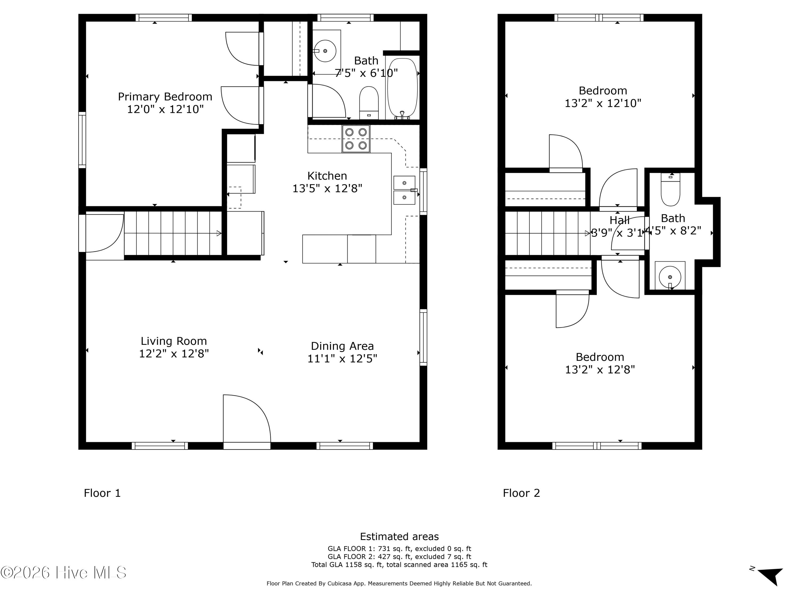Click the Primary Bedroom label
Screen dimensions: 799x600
[x=165, y=97]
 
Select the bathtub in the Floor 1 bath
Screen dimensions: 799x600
[x=402, y=88]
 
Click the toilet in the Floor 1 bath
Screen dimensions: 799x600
[x=369, y=103]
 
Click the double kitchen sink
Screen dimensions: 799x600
[x=405, y=190]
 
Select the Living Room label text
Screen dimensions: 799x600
[x=174, y=341]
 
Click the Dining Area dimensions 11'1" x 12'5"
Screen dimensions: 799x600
[x=342, y=358]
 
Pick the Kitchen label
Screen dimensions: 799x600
[x=327, y=176]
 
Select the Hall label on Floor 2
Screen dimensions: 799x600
[x=619, y=220]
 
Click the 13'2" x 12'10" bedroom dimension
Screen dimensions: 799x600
[x=603, y=103]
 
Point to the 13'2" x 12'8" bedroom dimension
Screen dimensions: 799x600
[x=600, y=370]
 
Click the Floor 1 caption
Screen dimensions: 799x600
[x=102, y=493]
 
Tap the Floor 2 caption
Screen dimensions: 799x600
[x=521, y=493]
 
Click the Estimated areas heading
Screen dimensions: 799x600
[x=399, y=536]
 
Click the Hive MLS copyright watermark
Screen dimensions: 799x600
[x=64, y=573]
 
